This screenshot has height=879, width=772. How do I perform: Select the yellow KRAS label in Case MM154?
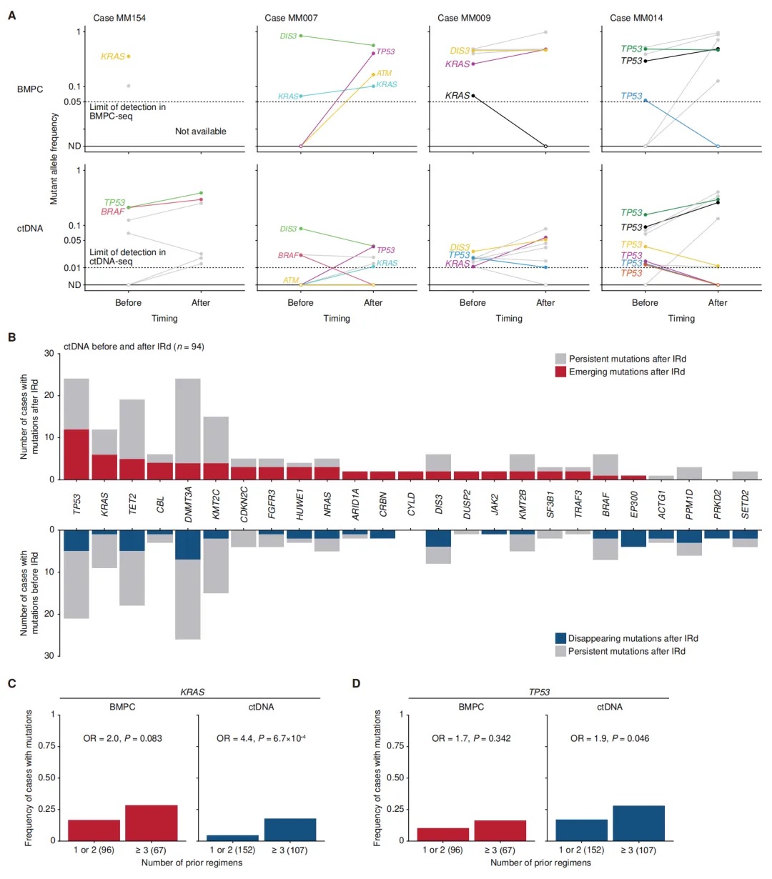[x=113, y=56]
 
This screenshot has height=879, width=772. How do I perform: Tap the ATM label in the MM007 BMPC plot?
[x=384, y=74]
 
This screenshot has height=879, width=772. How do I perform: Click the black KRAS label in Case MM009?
[x=457, y=96]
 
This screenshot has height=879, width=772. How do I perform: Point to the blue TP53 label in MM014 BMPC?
[x=631, y=96]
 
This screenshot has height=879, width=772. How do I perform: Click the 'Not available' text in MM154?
[x=201, y=131]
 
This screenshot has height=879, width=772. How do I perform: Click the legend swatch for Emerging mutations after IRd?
[x=560, y=372]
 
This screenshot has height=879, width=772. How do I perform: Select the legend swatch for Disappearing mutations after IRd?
[x=560, y=638]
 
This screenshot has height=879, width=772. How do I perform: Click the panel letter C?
[x=11, y=684]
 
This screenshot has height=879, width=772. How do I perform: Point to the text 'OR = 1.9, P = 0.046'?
[x=610, y=738]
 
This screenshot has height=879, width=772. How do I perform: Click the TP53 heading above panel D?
[x=538, y=692]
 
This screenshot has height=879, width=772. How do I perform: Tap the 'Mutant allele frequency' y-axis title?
[x=54, y=158]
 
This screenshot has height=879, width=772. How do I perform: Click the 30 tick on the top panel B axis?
[x=49, y=354]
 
